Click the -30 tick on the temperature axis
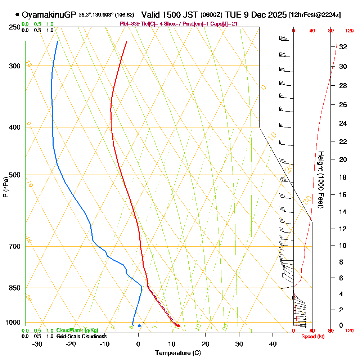pos(37,343)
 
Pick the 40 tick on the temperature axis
pos(273,343)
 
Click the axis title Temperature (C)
pos(178,353)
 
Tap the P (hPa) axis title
pos(5,187)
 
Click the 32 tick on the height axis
pos(343,47)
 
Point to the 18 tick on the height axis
pos(343,177)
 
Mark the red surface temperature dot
pos(178,326)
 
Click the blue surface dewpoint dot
pos(139,326)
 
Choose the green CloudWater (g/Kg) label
pos(77,330)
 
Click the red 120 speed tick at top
pos(349,31)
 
